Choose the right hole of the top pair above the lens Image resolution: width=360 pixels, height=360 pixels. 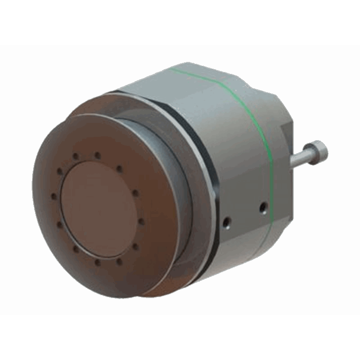(97, 155)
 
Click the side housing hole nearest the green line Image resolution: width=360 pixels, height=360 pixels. (263, 207)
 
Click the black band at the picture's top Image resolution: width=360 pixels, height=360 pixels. (180, 22)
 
